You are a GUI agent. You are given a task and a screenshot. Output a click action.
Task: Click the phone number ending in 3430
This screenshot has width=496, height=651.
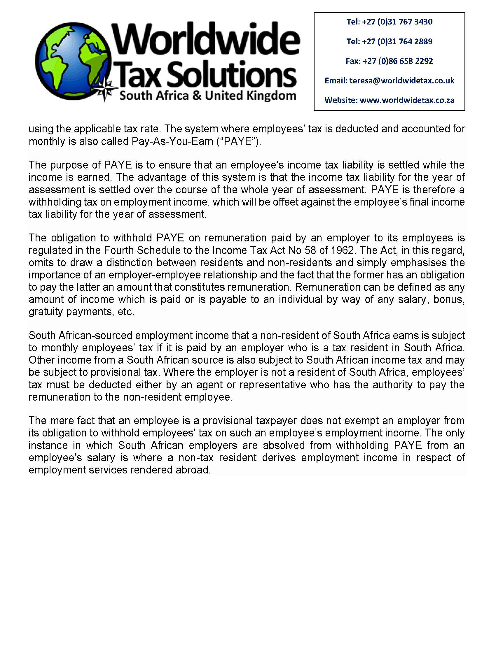pos(397,22)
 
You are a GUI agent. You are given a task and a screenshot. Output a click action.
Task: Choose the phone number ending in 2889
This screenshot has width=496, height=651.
pos(397,41)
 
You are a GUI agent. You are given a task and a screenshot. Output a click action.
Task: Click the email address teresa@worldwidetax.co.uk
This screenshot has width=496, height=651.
pos(402,80)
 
